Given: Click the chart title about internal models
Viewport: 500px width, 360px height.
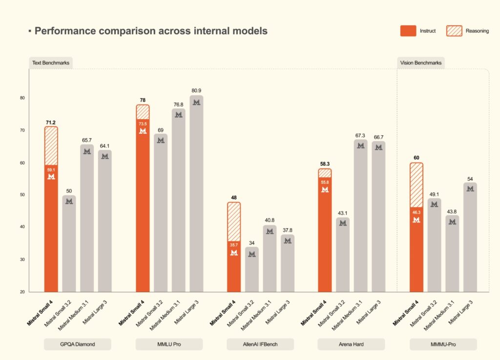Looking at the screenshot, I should [150, 31].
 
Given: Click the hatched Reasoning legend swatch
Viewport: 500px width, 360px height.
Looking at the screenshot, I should [455, 31].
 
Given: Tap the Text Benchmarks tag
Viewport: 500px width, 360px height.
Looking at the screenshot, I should [51, 63].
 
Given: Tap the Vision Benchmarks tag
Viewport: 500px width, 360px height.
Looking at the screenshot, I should [420, 63].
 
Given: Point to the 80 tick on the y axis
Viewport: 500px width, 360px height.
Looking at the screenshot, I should [22, 98].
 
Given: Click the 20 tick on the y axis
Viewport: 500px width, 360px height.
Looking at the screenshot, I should [22, 292].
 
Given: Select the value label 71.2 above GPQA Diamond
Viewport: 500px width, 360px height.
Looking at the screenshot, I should [51, 122].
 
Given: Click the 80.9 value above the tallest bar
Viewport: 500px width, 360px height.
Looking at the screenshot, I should [196, 90].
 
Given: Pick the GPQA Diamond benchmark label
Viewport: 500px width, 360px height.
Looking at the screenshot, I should [78, 344].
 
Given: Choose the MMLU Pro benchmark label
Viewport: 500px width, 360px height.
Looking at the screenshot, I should [169, 344].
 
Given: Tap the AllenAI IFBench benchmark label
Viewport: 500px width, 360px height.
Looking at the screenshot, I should [260, 344].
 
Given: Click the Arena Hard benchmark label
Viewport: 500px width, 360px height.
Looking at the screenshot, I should [351, 344].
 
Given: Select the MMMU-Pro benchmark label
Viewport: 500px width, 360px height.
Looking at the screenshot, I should [443, 344].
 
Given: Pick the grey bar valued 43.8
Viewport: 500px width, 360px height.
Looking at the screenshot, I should [452, 254].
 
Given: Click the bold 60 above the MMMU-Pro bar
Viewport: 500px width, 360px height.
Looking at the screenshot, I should [417, 158].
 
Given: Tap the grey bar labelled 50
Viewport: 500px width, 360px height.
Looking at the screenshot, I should [69, 244].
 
